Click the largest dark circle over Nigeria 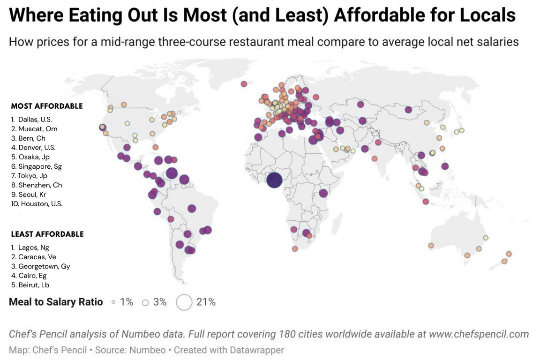coord(274,180)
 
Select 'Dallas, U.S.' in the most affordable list coord(35,120)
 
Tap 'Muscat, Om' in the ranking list coord(37,129)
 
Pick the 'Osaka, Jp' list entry coord(33,157)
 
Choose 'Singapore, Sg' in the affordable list coord(39,166)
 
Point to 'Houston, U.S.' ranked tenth coord(41,204)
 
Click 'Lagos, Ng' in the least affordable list coord(33,247)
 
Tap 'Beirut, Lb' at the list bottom coord(33,285)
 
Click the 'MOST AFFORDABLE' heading coord(47,106)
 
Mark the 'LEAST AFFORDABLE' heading coord(47,234)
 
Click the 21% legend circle coord(184,302)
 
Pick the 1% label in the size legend coord(127,302)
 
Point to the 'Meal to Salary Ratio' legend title coord(56,302)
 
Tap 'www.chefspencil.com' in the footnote coord(478,334)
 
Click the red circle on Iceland coord(244,84)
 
